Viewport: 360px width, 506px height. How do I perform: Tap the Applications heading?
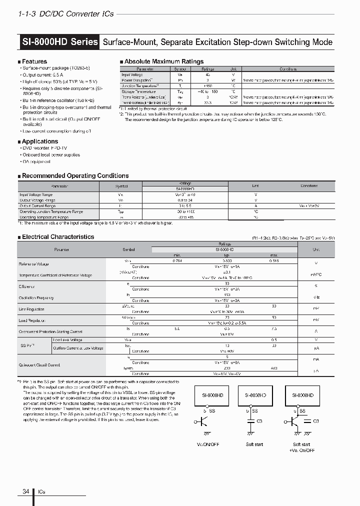pos(39,141)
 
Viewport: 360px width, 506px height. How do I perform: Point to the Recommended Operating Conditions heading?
pos(75,176)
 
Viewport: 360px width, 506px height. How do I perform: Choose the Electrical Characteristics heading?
pos(57,237)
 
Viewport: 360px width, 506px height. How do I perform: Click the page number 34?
pos(25,491)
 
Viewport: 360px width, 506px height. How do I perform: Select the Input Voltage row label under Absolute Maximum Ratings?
pos(132,74)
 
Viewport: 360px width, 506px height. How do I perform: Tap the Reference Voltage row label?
pos(33,263)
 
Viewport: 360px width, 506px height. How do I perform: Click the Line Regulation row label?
pos(31,309)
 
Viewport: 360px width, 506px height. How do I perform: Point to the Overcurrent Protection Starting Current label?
pos(50,331)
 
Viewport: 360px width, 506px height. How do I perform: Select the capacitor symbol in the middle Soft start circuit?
pos(250,421)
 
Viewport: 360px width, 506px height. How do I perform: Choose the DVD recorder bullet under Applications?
pos(45,148)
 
